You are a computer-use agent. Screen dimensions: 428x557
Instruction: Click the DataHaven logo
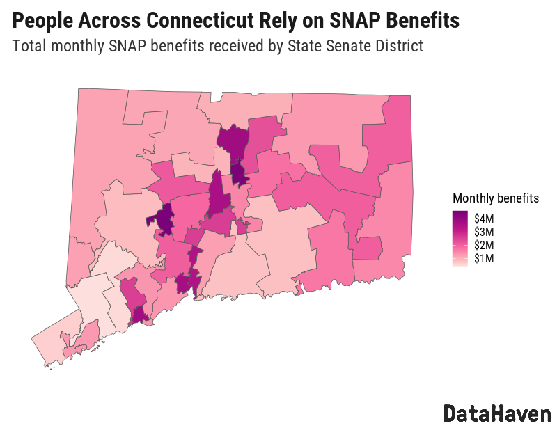496,413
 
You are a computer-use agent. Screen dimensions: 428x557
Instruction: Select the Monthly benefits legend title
495,198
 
